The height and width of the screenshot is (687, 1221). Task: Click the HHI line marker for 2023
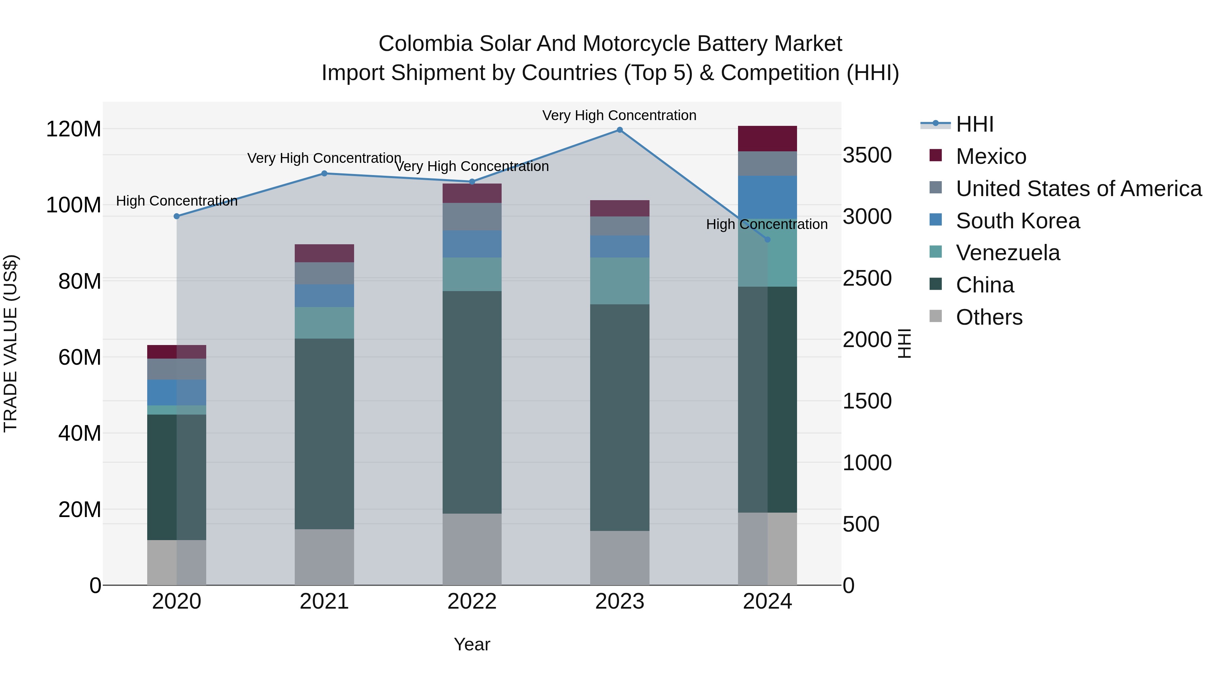[x=620, y=130]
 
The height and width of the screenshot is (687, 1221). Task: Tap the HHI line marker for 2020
[x=177, y=216]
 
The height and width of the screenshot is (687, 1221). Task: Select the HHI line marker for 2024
[x=768, y=240]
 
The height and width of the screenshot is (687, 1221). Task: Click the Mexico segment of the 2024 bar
[x=768, y=138]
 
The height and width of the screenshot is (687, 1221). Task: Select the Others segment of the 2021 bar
[x=324, y=557]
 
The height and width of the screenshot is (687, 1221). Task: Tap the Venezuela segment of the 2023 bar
[x=620, y=281]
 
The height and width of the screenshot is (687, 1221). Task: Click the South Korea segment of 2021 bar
[x=324, y=295]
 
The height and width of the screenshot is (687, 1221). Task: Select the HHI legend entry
[x=974, y=124]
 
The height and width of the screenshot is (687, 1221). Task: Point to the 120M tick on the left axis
[x=74, y=129]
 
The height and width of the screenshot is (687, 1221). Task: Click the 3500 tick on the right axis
[x=867, y=155]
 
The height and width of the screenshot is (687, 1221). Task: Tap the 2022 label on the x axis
[x=472, y=602]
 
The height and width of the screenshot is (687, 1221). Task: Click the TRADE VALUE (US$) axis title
[x=11, y=343]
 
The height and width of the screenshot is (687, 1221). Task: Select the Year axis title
[x=472, y=644]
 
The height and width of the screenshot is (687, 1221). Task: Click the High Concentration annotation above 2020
[x=177, y=201]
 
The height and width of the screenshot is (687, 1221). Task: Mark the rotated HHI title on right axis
[x=904, y=343]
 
